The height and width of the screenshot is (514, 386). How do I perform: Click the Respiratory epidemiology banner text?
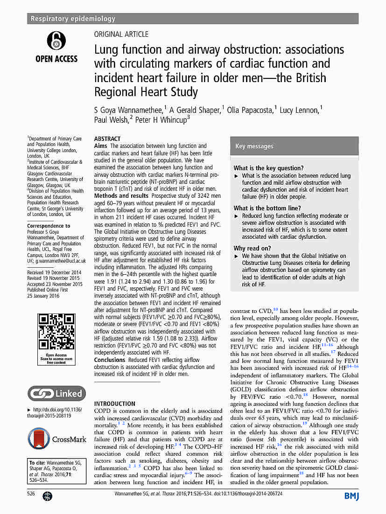[x=72, y=19]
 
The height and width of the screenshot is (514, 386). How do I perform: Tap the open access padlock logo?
[x=56, y=42]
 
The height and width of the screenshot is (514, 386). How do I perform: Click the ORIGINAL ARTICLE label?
[x=121, y=34]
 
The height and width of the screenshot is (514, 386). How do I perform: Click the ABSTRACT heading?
[x=107, y=139]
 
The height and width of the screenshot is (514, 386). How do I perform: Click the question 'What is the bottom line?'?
[x=267, y=208]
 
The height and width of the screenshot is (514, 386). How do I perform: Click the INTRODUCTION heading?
[x=114, y=404]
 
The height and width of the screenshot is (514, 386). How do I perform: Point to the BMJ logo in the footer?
[x=351, y=495]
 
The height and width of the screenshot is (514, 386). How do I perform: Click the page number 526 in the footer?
[x=31, y=493]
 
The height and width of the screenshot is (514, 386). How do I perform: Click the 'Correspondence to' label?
[x=49, y=226]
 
